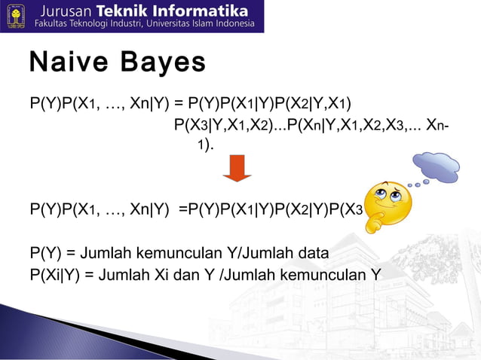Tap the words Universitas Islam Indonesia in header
click(x=197, y=25)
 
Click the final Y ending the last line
click(x=375, y=273)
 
